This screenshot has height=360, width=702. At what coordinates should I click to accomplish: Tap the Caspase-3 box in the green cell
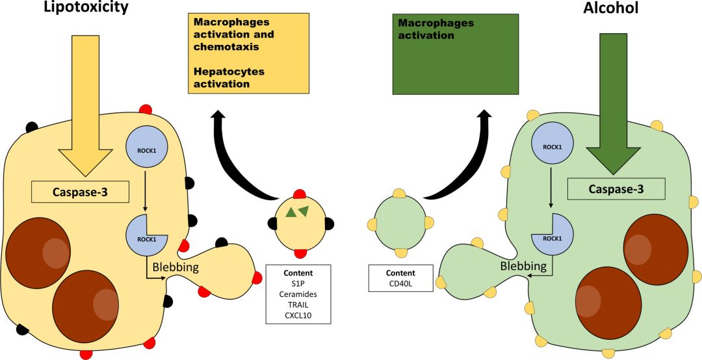coord(616,189)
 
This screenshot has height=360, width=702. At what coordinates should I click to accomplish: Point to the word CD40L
coord(400,284)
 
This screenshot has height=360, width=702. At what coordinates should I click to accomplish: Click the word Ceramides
coord(299,294)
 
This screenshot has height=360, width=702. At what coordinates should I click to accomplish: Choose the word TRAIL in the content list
coord(299,305)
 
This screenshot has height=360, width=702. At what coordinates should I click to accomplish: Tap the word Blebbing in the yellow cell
coord(175,266)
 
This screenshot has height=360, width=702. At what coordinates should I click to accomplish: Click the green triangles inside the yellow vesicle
coord(297,211)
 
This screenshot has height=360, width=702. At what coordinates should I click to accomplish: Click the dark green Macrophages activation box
coord(456,53)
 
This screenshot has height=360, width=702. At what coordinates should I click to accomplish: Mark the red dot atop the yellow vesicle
coord(300,194)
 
